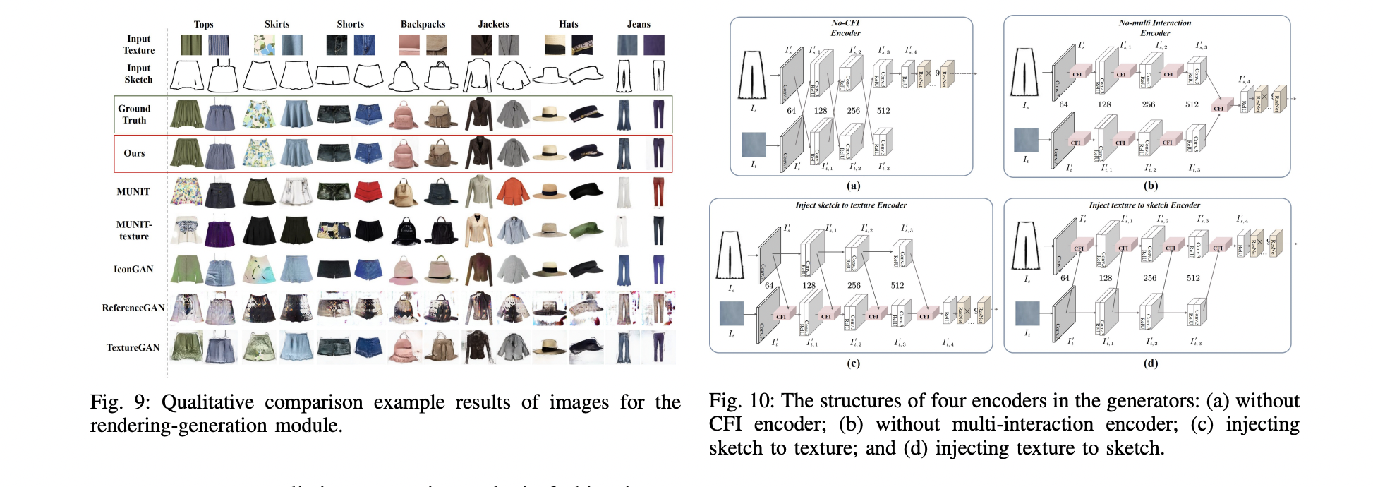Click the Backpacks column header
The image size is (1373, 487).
click(x=423, y=24)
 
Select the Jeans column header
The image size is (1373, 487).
click(x=639, y=24)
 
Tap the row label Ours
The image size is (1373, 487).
click(x=134, y=153)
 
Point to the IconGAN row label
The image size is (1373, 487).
click(x=133, y=269)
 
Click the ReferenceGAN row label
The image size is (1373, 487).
click(x=133, y=308)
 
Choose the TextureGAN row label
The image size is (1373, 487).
click(x=133, y=347)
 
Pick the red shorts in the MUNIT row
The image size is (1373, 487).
click(x=368, y=192)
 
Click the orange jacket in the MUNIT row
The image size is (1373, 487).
click(x=512, y=192)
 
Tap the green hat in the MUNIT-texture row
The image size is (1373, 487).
click(x=585, y=230)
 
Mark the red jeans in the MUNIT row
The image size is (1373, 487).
click(x=658, y=192)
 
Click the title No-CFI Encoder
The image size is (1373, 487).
click(x=845, y=28)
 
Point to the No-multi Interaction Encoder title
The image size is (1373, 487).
click(x=1154, y=28)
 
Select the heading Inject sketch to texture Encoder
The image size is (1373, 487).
click(x=851, y=205)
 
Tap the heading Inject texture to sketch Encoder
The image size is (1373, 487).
click(x=1144, y=205)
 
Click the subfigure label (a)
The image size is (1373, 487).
click(x=853, y=186)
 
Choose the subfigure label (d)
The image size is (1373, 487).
click(x=1151, y=363)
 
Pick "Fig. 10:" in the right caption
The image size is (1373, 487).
click(x=740, y=401)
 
